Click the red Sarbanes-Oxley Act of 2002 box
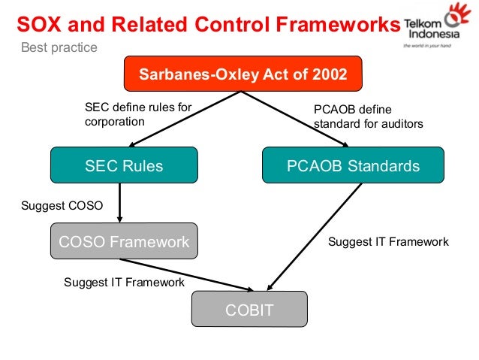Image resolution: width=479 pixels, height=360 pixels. click(x=243, y=75)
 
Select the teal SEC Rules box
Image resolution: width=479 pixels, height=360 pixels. click(x=124, y=165)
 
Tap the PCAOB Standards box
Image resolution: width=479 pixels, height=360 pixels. click(x=353, y=165)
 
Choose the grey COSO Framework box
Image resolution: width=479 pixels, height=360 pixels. click(x=124, y=241)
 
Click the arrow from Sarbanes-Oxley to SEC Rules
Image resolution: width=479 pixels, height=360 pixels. click(x=180, y=120)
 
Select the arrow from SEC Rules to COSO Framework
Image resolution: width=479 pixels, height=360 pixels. click(x=119, y=203)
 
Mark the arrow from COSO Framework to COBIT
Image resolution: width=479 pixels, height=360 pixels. click(x=188, y=275)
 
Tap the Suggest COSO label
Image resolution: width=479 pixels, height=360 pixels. click(x=62, y=204)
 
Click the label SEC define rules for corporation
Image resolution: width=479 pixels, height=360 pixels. click(x=137, y=114)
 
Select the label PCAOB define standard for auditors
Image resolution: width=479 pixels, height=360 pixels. click(x=368, y=116)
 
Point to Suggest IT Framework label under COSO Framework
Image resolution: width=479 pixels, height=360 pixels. click(x=124, y=283)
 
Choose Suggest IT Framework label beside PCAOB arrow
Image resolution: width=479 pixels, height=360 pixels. click(x=388, y=242)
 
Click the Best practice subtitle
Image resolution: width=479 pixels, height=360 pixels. click(x=53, y=49)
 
